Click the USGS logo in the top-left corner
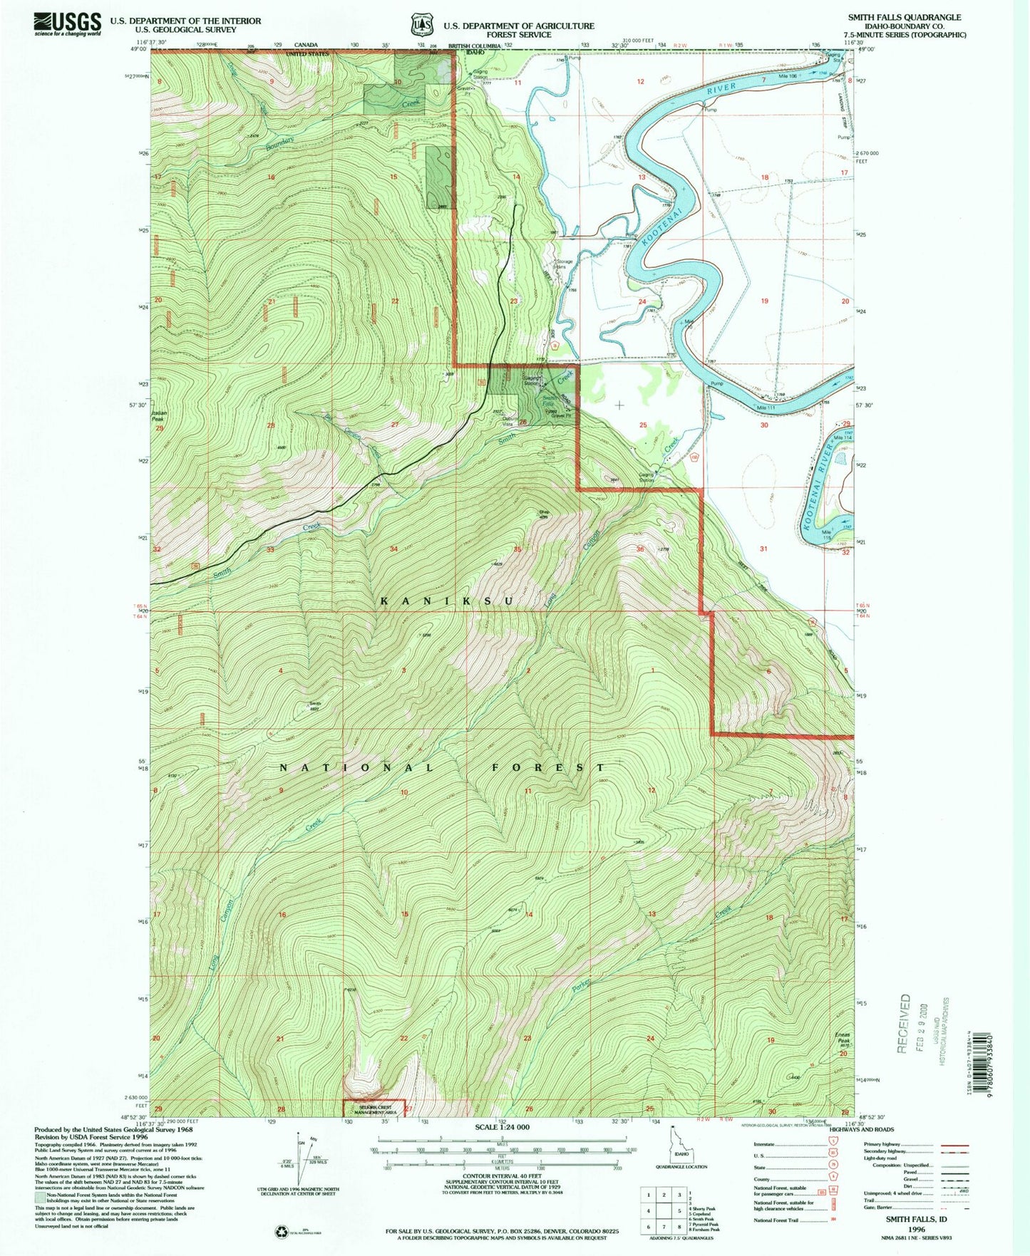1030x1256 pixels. point(67,24)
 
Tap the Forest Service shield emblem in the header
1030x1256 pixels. point(421,24)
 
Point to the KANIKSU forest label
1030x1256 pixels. point(447,601)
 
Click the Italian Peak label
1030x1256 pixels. point(158,416)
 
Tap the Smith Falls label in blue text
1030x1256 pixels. point(550,401)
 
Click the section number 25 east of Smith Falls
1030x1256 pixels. point(643,425)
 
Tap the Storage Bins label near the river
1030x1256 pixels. point(565,264)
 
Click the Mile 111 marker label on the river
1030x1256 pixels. point(768,408)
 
